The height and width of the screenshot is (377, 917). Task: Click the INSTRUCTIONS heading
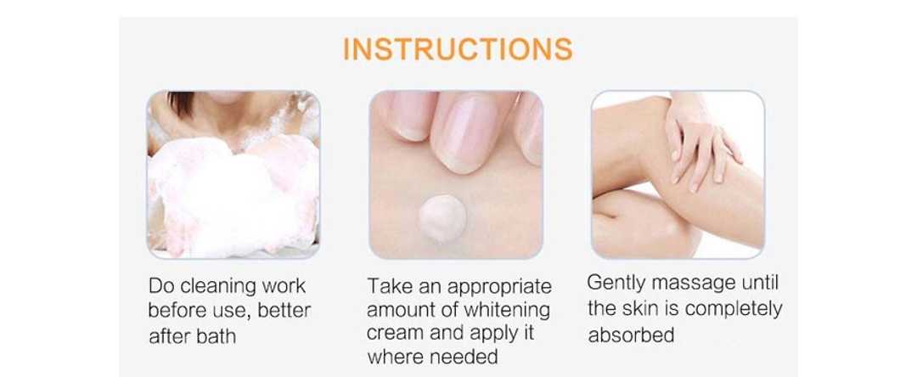tap(458, 49)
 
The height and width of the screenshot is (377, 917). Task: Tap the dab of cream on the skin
tap(442, 218)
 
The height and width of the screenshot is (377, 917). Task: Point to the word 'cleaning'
tap(217, 286)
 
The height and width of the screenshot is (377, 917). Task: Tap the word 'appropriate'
tap(499, 287)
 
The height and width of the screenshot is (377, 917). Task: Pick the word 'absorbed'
tap(631, 335)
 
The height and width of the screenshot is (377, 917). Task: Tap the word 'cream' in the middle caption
tap(396, 334)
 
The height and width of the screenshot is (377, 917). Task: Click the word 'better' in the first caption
tap(284, 311)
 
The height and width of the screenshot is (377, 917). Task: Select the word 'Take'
tap(386, 286)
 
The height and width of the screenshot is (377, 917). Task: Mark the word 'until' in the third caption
tap(760, 284)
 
